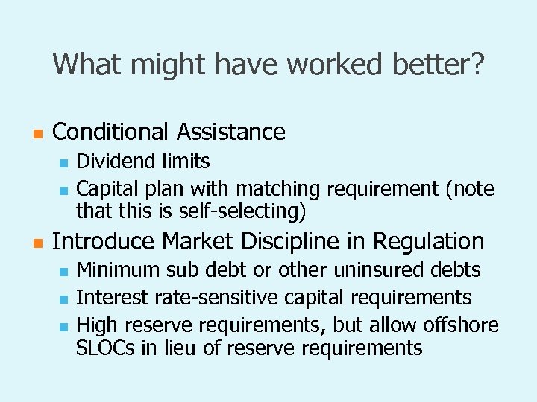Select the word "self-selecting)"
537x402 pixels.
click(243, 211)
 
